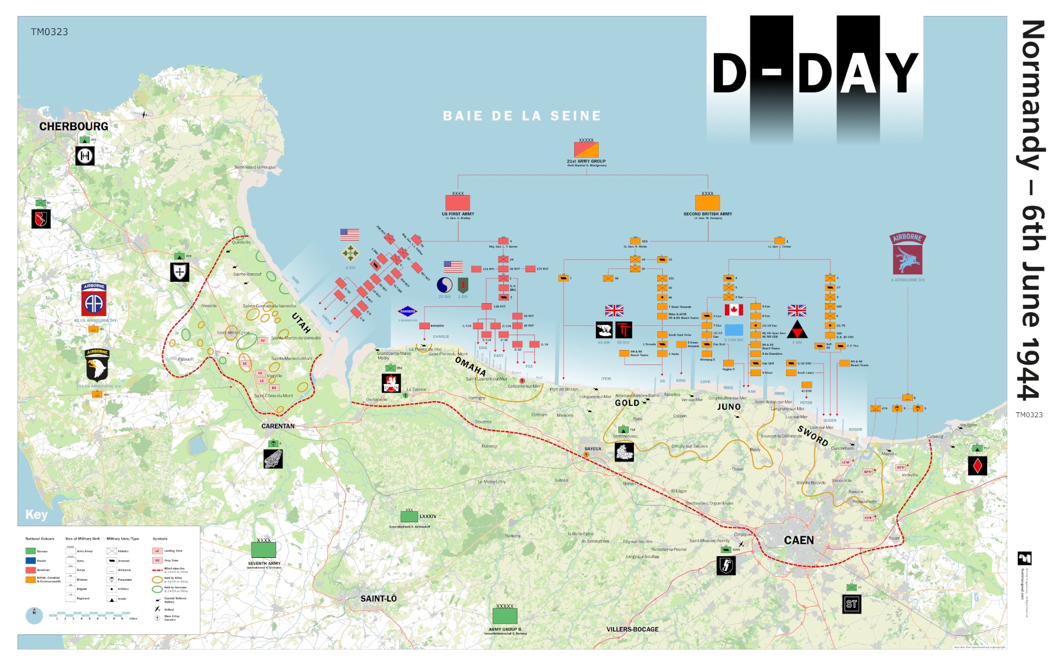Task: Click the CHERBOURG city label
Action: [74, 127]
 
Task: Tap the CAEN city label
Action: [798, 540]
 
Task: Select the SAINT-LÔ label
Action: [378, 598]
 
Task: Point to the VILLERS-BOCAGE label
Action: [632, 629]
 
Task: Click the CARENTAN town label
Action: [278, 426]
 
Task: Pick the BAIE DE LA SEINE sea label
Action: [522, 116]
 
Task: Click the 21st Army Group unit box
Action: [586, 150]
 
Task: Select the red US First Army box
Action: [458, 203]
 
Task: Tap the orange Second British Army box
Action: [707, 203]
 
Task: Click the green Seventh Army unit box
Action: [264, 550]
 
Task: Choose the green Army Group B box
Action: [505, 616]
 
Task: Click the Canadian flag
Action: [733, 310]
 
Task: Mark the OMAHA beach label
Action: [470, 366]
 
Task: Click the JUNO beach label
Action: [729, 407]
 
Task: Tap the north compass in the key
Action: [34, 615]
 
